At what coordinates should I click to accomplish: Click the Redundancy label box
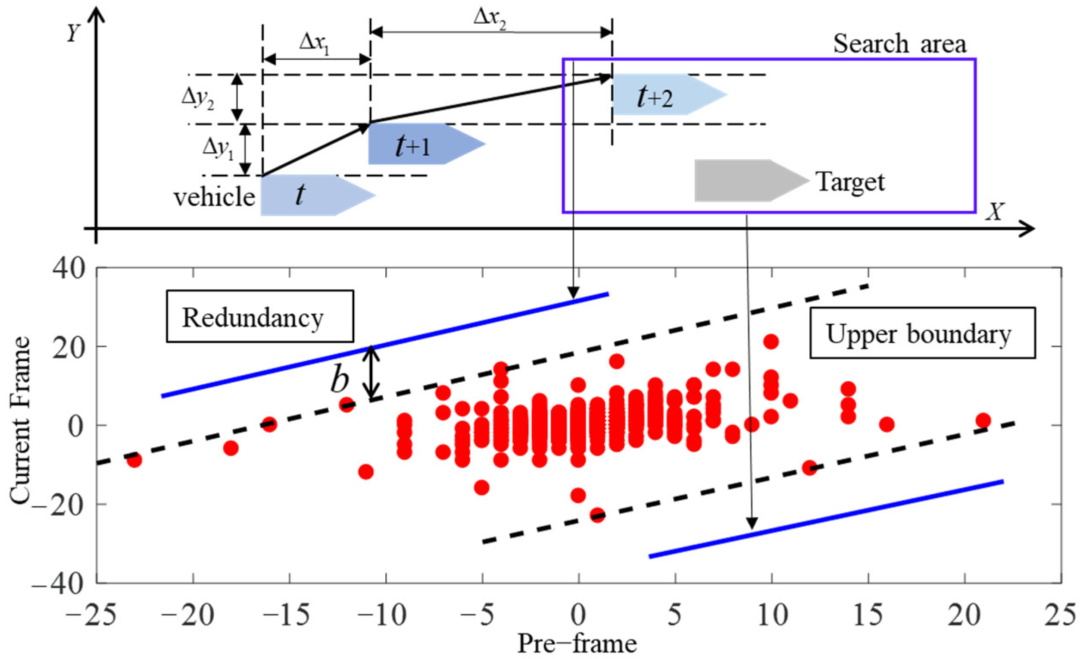click(x=259, y=316)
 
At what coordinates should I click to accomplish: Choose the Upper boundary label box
click(x=922, y=333)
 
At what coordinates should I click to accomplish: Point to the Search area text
click(x=899, y=44)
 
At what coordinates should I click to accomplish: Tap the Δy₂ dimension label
click(x=198, y=99)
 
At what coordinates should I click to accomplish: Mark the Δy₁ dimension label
click(x=218, y=149)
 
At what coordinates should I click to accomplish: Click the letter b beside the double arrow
click(x=339, y=380)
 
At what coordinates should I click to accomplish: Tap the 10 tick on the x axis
click(x=771, y=615)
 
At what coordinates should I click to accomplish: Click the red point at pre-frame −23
click(x=134, y=460)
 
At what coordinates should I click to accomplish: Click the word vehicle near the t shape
click(x=214, y=198)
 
